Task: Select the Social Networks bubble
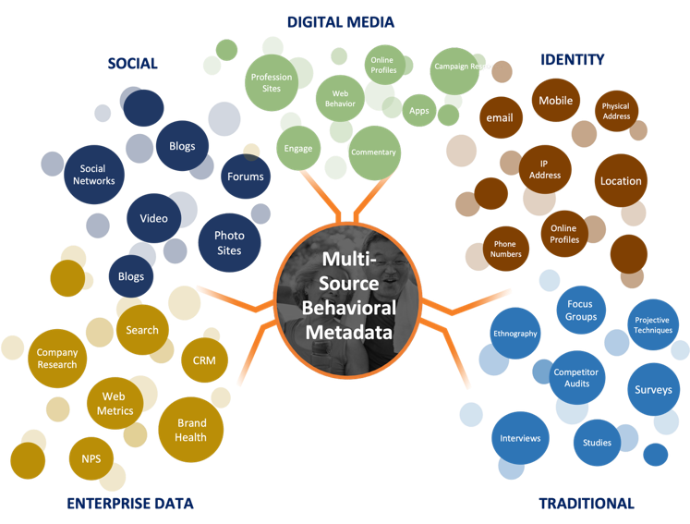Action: pyautogui.click(x=91, y=175)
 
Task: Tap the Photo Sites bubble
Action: pyautogui.click(x=228, y=243)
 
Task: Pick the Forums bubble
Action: pyautogui.click(x=245, y=177)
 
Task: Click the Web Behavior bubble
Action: pyautogui.click(x=340, y=99)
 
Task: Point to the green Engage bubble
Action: pyautogui.click(x=298, y=148)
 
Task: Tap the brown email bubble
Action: pyautogui.click(x=499, y=118)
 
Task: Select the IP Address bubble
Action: pyautogui.click(x=551, y=169)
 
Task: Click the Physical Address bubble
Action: pyautogui.click(x=616, y=111)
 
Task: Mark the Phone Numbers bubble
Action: pyautogui.click(x=506, y=249)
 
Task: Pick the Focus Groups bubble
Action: pyautogui.click(x=581, y=311)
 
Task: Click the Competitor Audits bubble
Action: pyautogui.click(x=575, y=378)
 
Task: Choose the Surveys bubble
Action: pyautogui.click(x=653, y=389)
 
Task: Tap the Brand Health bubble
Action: pyautogui.click(x=191, y=430)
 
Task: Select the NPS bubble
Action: pyautogui.click(x=91, y=457)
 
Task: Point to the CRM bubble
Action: pyautogui.click(x=204, y=359)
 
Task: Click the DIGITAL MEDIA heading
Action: pyautogui.click(x=340, y=21)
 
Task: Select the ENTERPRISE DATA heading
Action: pyautogui.click(x=130, y=504)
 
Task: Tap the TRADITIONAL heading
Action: pyautogui.click(x=587, y=504)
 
